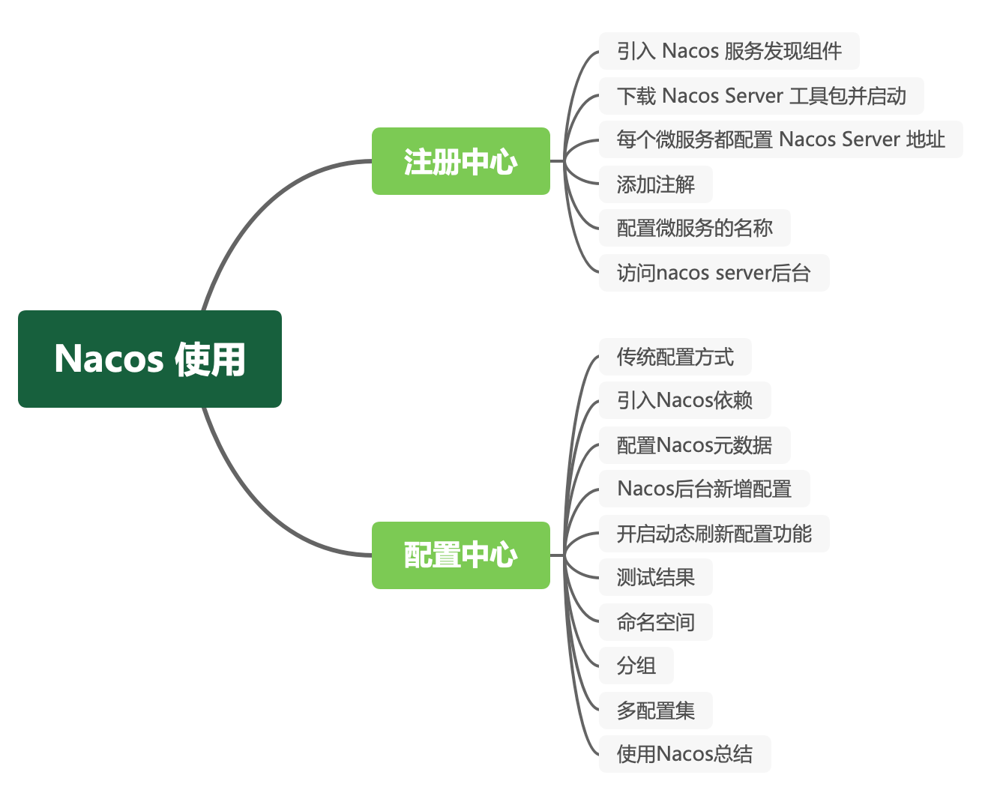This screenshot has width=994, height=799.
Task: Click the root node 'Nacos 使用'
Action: tap(150, 359)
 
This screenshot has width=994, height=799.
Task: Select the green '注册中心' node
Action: tap(461, 161)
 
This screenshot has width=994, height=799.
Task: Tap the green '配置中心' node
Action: tap(461, 555)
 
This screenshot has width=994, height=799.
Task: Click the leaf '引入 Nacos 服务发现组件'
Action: tap(729, 51)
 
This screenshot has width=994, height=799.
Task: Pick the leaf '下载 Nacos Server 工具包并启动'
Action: tap(761, 96)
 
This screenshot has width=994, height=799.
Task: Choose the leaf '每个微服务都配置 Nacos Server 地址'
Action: tap(780, 139)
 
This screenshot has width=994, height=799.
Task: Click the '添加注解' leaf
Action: tap(655, 184)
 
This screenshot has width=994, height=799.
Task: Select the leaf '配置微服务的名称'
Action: tap(694, 228)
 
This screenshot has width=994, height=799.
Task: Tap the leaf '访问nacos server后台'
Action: tap(714, 273)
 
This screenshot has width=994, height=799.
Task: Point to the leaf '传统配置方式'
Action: tap(675, 357)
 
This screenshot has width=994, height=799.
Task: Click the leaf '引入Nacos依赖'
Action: tap(684, 400)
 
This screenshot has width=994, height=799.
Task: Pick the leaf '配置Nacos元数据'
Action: tap(694, 445)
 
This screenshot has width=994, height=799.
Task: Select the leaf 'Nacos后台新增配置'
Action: tap(704, 489)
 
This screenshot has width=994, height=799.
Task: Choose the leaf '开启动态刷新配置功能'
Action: tap(714, 534)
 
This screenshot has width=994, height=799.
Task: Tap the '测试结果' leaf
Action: tap(655, 577)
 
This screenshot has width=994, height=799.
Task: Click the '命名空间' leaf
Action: tap(655, 622)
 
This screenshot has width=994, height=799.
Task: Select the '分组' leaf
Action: tap(636, 666)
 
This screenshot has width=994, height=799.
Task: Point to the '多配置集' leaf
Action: tap(655, 711)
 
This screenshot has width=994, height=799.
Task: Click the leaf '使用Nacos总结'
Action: tap(684, 754)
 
